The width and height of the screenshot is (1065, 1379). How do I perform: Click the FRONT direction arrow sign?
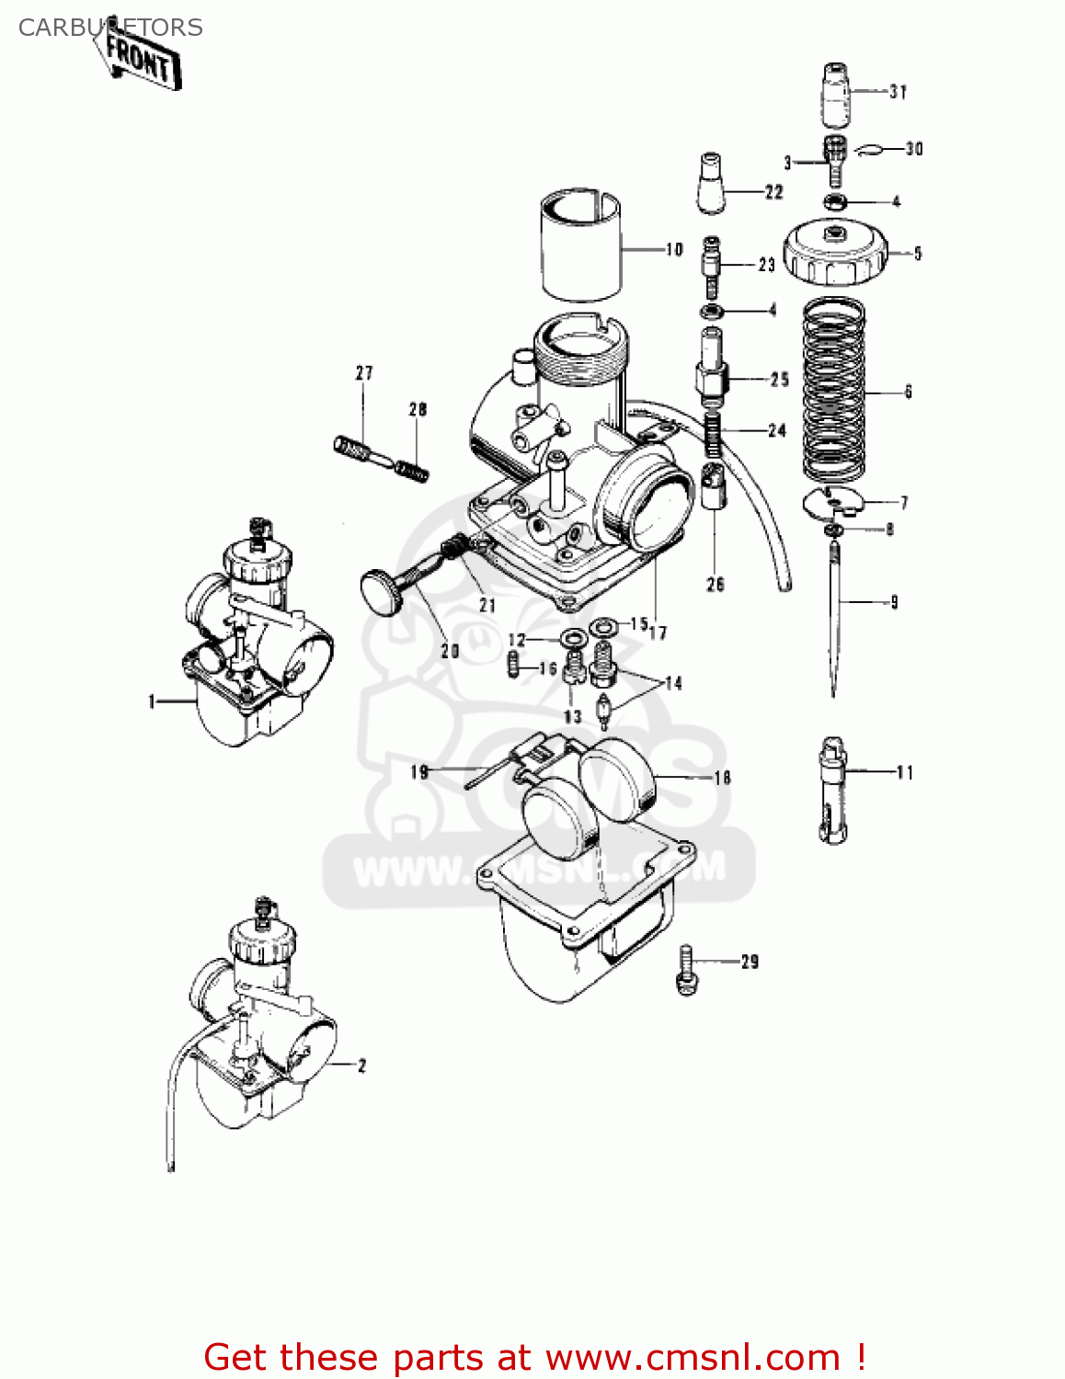[x=140, y=59]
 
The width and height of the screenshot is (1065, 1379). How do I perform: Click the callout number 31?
[x=898, y=92]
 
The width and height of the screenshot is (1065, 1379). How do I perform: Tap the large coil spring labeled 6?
[x=833, y=391]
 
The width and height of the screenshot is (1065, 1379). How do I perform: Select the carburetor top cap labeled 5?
[x=835, y=252]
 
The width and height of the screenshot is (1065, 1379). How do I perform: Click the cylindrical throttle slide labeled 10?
[x=580, y=246]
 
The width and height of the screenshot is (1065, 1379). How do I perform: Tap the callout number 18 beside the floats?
[x=723, y=778]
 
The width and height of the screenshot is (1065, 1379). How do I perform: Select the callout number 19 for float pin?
[x=419, y=771]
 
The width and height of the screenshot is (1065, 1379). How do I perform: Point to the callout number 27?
[x=364, y=373]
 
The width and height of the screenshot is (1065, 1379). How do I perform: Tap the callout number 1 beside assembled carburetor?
[x=152, y=701]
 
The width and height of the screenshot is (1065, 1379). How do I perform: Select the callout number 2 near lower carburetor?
[x=361, y=1066]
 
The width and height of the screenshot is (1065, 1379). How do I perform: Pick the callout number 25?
[x=780, y=379]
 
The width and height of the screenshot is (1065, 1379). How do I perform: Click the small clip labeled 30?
[x=869, y=149]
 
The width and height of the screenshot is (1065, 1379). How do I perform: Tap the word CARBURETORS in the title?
[x=110, y=28]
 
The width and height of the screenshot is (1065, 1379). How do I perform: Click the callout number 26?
[x=716, y=584]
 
